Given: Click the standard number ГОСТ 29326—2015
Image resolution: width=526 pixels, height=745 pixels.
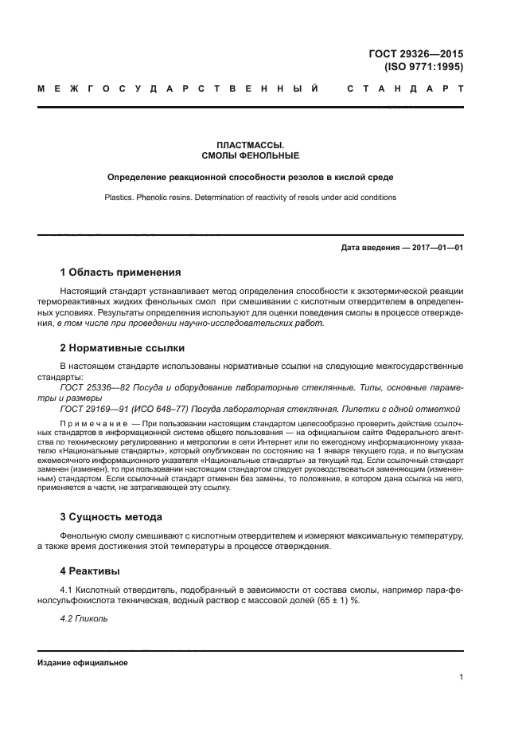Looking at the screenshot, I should click(416, 53).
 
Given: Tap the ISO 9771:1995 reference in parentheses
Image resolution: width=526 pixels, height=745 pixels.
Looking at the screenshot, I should click(423, 67).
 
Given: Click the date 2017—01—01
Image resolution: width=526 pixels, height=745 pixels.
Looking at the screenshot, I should click(436, 248).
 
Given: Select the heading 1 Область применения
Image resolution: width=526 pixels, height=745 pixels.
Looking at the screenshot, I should click(121, 272).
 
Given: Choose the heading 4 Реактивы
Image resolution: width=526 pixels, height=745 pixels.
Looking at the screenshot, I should click(91, 571).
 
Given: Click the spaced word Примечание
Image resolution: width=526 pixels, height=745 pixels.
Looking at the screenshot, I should click(95, 421).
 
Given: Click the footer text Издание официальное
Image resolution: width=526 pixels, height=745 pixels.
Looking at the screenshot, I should click(83, 663).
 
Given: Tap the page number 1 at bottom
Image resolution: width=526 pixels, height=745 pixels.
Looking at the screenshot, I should click(462, 677).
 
